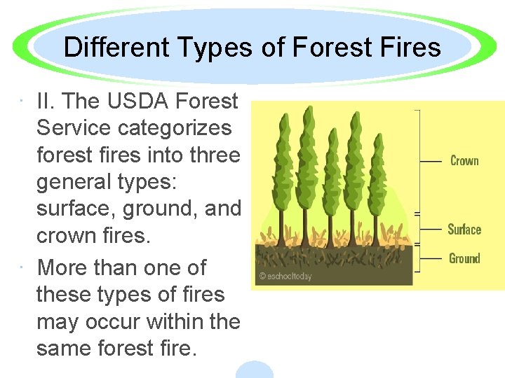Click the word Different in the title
point(114,48)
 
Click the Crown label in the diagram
point(464,161)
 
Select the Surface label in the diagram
point(464,230)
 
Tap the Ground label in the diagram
point(464,258)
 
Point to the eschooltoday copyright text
point(285,276)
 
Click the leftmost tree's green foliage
point(284,161)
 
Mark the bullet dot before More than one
point(25,267)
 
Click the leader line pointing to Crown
point(430,161)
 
